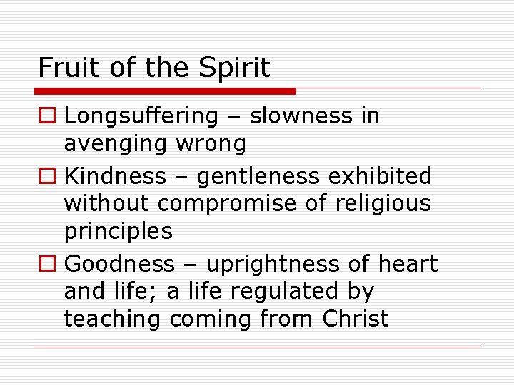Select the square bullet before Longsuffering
pyautogui.click(x=46, y=116)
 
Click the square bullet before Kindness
pyautogui.click(x=46, y=176)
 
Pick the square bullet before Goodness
pyautogui.click(x=46, y=265)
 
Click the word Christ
pyautogui.click(x=356, y=318)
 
